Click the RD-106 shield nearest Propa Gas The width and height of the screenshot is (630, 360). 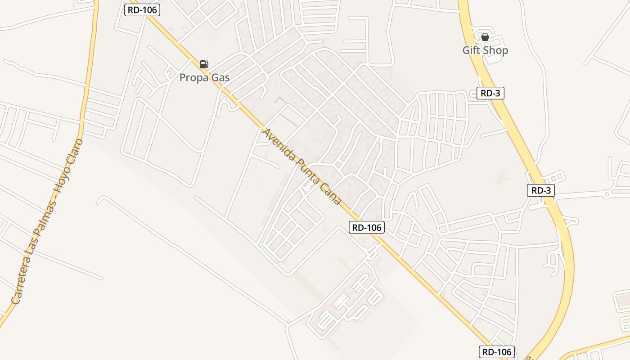pos(142,10)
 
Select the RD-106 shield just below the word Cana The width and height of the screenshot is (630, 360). pos(367,228)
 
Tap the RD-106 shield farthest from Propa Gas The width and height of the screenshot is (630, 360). pos(496,352)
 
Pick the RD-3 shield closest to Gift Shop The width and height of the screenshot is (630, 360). pos(490,93)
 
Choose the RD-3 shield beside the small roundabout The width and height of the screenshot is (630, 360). pos(541,190)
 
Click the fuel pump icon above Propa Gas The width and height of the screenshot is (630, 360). pos(204,64)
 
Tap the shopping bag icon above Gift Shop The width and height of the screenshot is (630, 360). pos(485,37)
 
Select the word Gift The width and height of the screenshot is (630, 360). pos(471,50)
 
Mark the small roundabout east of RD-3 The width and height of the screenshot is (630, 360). pos(607,194)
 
